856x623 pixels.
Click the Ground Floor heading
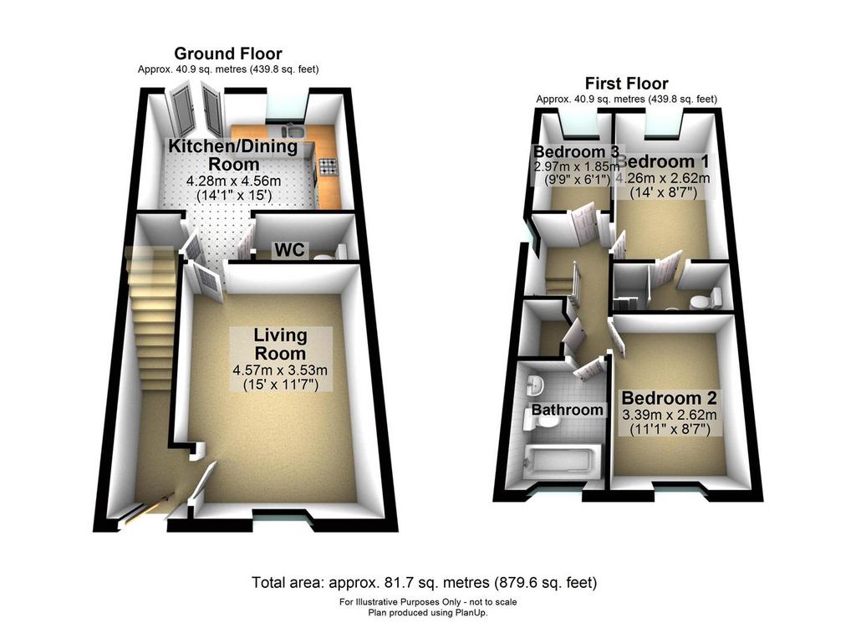228,54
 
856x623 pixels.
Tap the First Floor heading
627,84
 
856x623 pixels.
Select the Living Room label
280,344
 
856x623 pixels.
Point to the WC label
289,250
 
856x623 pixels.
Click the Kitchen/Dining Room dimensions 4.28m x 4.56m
234,181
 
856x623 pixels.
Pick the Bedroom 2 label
669,398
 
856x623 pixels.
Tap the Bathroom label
568,410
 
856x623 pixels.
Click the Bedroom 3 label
577,151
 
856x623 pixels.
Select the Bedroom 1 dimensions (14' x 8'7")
663,192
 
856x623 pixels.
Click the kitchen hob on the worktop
328,166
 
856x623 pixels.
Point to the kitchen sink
293,131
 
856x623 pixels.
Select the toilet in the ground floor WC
330,253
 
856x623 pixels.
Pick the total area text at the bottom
424,583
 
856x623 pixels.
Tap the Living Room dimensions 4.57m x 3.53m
280,370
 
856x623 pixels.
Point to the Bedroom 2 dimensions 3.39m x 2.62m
670,415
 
